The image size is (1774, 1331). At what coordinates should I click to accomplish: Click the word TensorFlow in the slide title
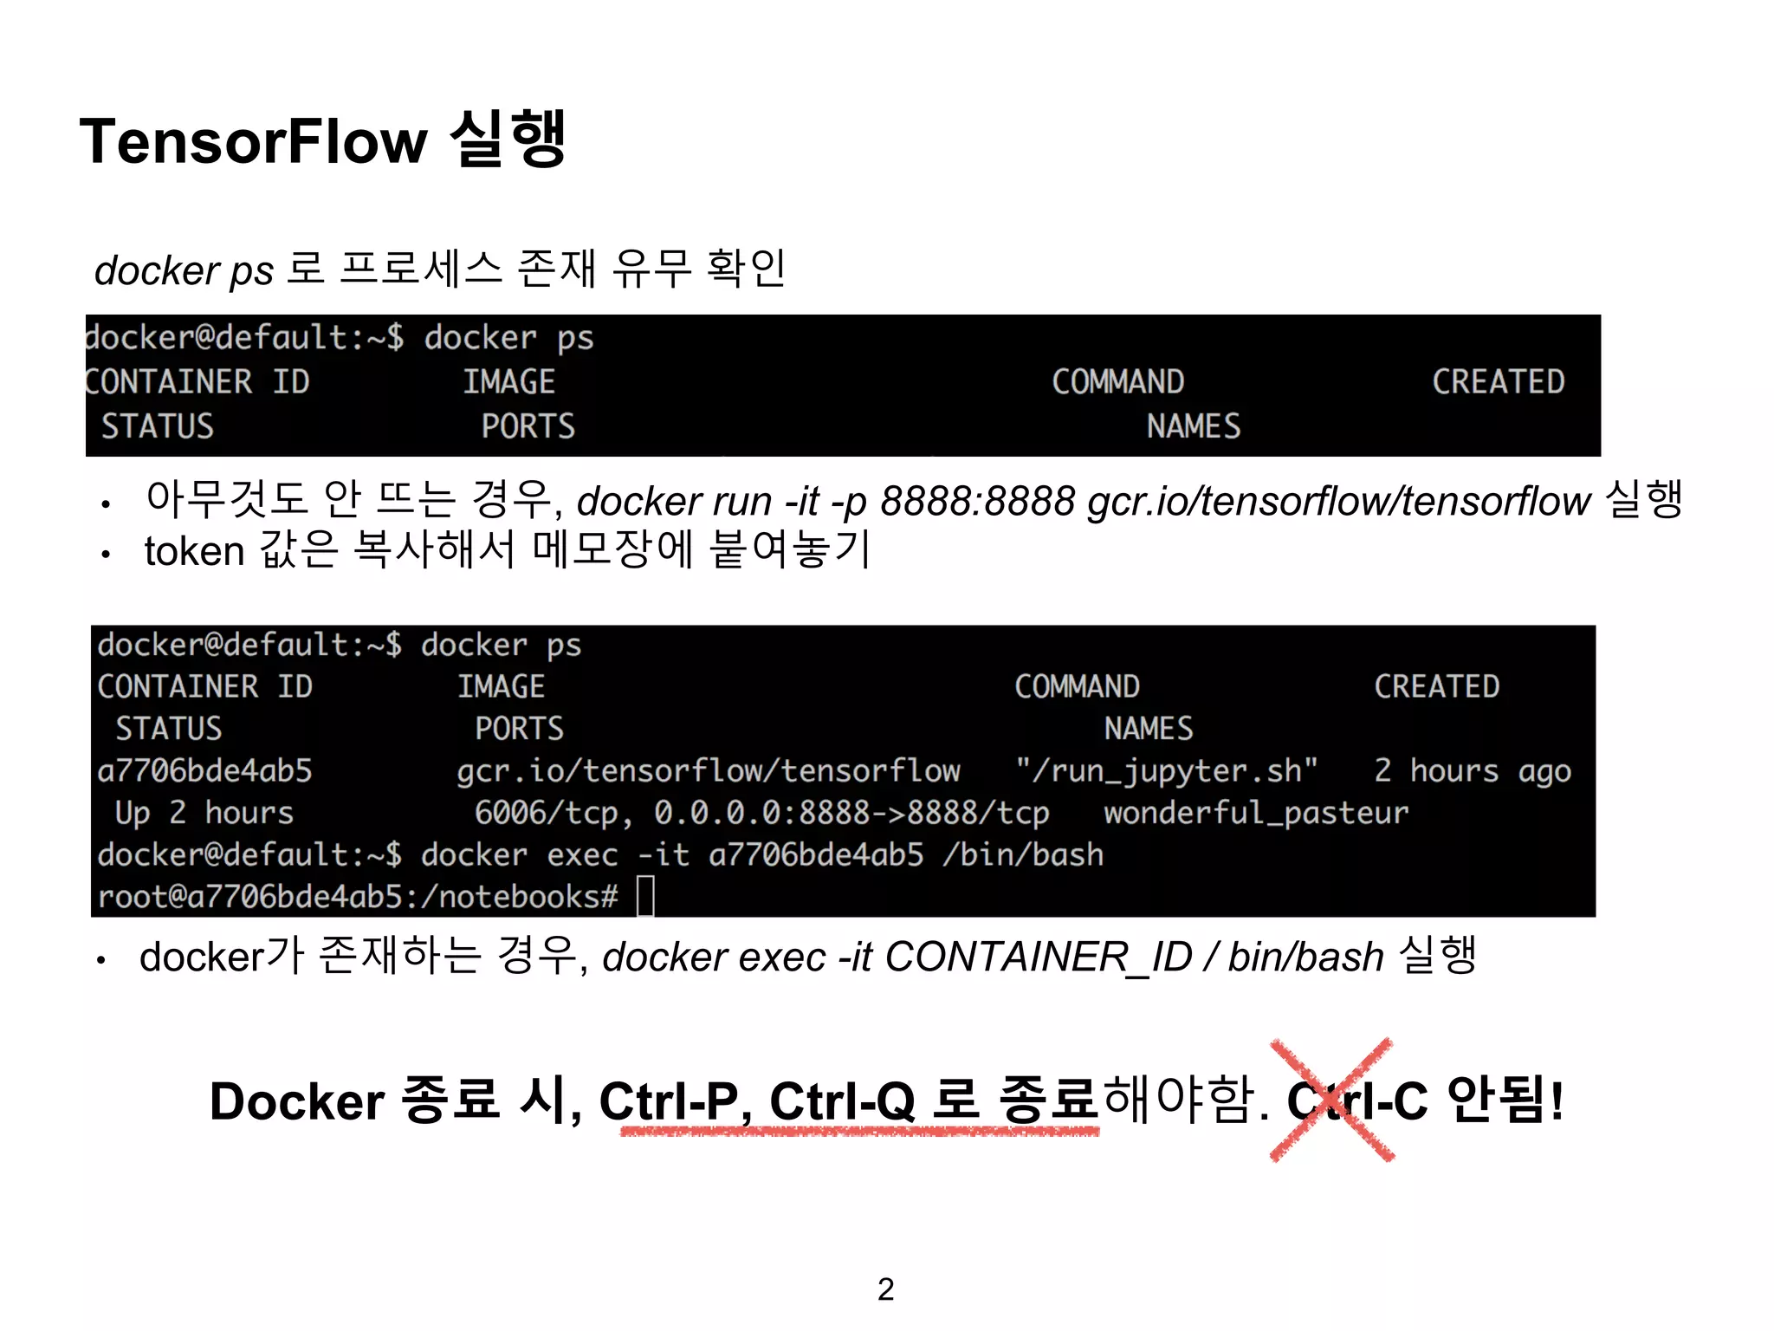[x=253, y=141]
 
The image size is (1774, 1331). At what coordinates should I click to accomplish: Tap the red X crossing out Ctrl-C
[x=1332, y=1100]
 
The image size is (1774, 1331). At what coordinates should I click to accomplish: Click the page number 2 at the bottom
[x=885, y=1289]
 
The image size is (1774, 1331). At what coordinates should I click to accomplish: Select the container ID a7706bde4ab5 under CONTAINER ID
[x=204, y=770]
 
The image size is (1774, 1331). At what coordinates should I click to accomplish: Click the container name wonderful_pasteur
[x=1255, y=813]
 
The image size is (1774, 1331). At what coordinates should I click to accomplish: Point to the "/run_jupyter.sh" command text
[x=1167, y=770]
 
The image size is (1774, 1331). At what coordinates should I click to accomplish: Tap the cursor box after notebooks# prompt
[x=645, y=896]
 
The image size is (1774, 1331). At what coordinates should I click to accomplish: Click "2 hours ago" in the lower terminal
[x=1472, y=770]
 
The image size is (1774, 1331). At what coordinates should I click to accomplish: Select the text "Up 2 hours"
[x=204, y=813]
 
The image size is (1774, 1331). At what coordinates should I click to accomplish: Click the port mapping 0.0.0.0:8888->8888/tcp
[x=851, y=813]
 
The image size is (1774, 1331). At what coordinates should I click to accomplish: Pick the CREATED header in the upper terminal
[x=1498, y=381]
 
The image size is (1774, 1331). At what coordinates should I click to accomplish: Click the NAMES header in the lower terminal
[x=1148, y=729]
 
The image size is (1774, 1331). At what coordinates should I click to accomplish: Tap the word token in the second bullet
[x=194, y=551]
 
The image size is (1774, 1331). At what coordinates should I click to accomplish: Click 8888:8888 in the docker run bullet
[x=977, y=501]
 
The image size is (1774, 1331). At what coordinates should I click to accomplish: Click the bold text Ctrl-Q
[x=842, y=1101]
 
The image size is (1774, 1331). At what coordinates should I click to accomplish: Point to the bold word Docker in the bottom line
[x=297, y=1101]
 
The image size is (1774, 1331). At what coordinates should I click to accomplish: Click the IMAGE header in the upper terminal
[x=508, y=381]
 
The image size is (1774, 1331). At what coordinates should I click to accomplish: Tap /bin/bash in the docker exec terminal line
[x=1023, y=855]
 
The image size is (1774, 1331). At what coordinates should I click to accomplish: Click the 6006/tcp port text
[x=554, y=813]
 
